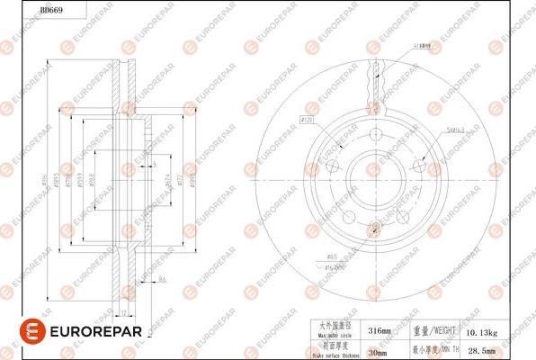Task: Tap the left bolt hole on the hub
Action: tap(332, 166)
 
